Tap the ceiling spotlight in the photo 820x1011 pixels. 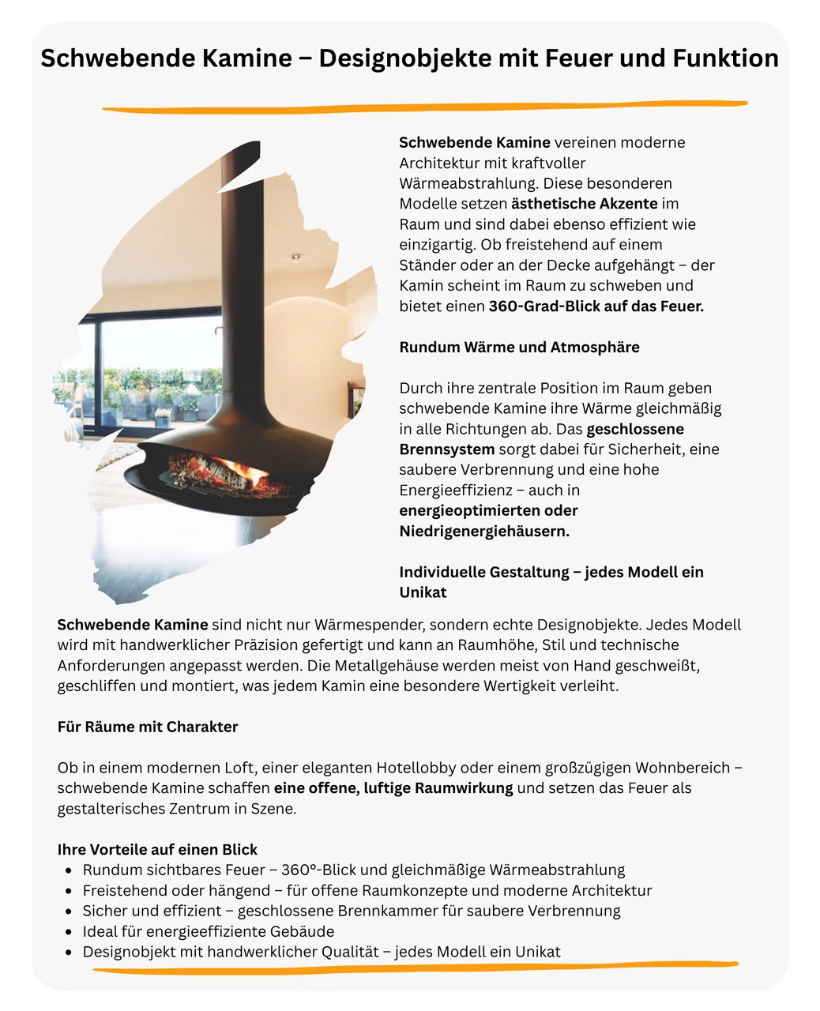[x=295, y=257]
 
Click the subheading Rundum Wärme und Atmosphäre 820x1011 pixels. [x=519, y=348]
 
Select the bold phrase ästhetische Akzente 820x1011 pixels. [x=584, y=204]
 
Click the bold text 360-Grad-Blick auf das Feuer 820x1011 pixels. [x=596, y=306]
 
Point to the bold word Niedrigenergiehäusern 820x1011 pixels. [x=484, y=532]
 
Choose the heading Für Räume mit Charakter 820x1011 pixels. [x=148, y=727]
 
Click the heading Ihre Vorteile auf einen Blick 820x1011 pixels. [x=157, y=850]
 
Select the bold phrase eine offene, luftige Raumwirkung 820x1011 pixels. [x=393, y=788]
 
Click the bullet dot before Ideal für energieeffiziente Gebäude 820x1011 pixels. [x=69, y=932]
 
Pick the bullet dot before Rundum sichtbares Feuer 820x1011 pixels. [x=69, y=870]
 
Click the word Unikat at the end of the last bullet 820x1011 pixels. [x=537, y=952]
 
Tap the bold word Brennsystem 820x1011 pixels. [x=446, y=449]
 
